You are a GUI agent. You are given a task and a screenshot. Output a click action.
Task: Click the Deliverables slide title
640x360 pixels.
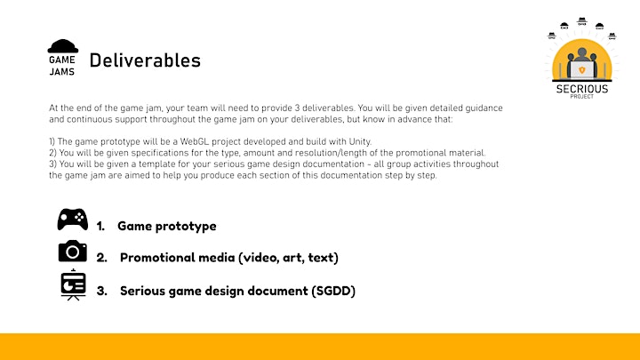click(x=145, y=60)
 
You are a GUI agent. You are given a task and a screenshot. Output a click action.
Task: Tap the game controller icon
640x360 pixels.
click(x=73, y=220)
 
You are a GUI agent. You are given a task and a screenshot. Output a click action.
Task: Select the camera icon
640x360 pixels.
click(x=73, y=251)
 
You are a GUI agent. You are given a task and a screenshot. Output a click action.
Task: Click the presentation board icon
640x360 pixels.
click(x=73, y=285)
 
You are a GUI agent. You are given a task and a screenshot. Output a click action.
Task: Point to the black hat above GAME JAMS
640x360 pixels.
click(x=63, y=46)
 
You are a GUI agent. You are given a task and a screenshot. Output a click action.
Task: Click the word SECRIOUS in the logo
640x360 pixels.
click(x=582, y=89)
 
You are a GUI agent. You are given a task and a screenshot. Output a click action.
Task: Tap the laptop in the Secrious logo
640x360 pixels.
click(x=581, y=70)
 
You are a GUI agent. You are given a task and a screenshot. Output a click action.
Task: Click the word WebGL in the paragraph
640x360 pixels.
click(x=195, y=141)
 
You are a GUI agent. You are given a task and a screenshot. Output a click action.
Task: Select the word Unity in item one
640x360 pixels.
click(x=360, y=141)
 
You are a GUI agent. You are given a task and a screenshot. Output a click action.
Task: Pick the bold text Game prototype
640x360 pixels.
click(x=167, y=226)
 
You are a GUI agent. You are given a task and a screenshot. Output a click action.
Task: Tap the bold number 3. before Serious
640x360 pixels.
click(x=102, y=291)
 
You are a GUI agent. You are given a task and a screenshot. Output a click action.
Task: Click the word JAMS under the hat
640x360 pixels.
click(x=62, y=72)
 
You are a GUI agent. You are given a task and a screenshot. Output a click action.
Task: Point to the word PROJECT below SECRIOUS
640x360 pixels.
click(x=582, y=97)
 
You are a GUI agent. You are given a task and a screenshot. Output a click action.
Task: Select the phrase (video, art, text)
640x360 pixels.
click(x=289, y=258)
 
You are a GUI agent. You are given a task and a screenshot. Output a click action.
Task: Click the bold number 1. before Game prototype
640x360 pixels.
click(x=100, y=227)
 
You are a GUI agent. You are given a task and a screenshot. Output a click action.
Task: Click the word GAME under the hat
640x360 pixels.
click(x=62, y=60)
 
